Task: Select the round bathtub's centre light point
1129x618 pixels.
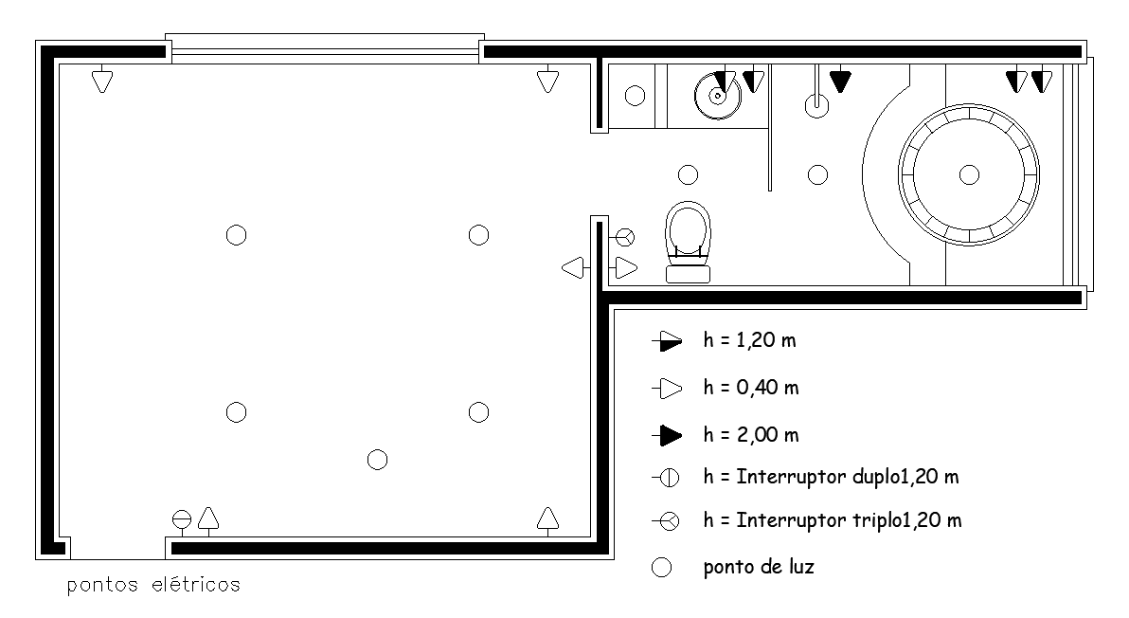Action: (x=968, y=174)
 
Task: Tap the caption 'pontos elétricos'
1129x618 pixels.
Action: (x=153, y=585)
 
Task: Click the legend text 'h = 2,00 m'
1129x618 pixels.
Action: (x=751, y=435)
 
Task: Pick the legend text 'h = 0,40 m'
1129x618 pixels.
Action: (x=751, y=388)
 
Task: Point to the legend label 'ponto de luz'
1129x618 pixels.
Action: (x=759, y=568)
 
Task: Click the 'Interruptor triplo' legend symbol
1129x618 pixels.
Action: (x=668, y=520)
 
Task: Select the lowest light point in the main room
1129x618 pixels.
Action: (x=377, y=460)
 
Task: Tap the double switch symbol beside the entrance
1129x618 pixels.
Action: (x=182, y=519)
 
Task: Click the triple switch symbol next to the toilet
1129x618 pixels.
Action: (x=625, y=236)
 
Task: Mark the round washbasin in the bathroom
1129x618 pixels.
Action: (x=717, y=94)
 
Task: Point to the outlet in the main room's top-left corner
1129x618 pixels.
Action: (x=102, y=81)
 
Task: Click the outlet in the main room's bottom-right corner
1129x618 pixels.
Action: (x=547, y=518)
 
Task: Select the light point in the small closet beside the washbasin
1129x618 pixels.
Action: (x=636, y=95)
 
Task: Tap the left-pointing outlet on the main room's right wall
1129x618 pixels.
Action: (x=573, y=268)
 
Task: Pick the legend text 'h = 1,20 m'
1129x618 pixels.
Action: (x=751, y=340)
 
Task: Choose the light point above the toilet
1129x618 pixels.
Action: (x=689, y=174)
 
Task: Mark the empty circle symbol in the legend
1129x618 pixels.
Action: (x=663, y=568)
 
